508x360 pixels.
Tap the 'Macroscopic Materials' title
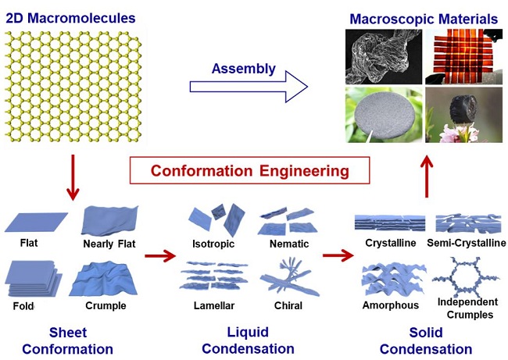click(x=423, y=18)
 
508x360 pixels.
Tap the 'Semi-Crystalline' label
click(x=467, y=243)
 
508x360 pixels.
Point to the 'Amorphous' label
click(x=390, y=305)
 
